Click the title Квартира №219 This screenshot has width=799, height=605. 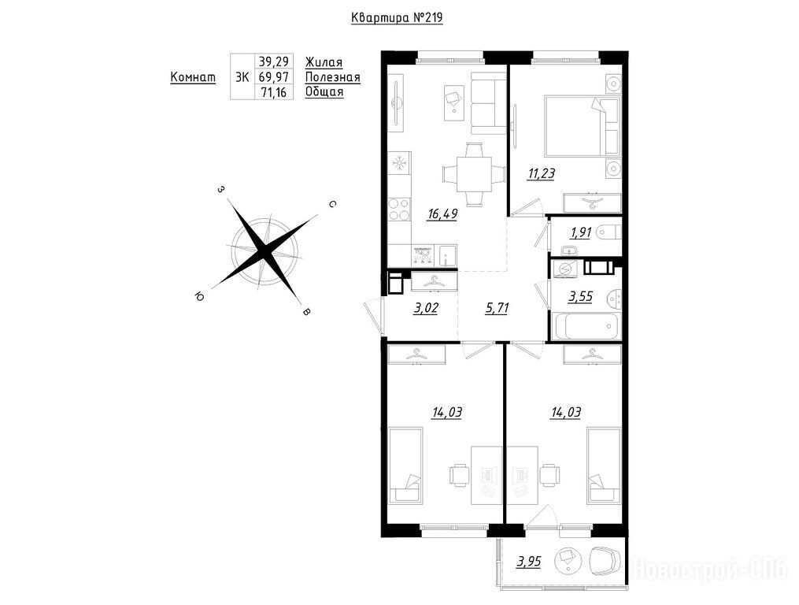[x=397, y=18]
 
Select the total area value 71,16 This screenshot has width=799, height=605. [x=274, y=92]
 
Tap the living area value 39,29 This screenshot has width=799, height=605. [x=274, y=61]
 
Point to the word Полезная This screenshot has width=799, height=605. [x=333, y=77]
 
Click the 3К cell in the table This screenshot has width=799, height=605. [x=242, y=77]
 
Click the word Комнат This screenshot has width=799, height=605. [x=193, y=77]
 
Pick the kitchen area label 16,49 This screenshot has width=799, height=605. [x=442, y=214]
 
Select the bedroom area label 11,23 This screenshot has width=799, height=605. [x=541, y=174]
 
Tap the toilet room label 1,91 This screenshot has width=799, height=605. [x=581, y=232]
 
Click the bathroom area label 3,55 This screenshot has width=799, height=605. [x=580, y=297]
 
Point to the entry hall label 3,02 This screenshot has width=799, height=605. [x=426, y=309]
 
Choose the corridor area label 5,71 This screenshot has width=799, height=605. [x=497, y=309]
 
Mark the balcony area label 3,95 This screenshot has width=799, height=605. [x=528, y=562]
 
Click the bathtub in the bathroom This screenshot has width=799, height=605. [x=586, y=326]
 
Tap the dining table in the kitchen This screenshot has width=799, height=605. [x=474, y=174]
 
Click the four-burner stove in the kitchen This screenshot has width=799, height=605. [x=398, y=209]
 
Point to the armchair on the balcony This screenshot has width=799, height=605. [x=605, y=562]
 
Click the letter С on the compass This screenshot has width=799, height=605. [x=331, y=205]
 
